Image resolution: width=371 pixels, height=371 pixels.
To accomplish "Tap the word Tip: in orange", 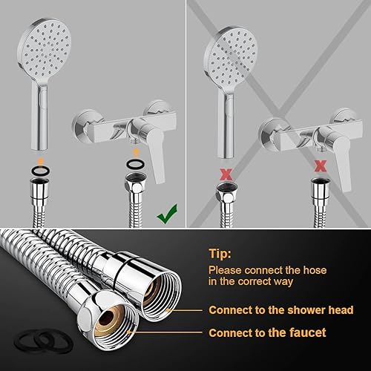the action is (x=220, y=254).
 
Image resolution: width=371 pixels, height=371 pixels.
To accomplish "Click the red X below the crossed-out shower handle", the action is (x=226, y=174).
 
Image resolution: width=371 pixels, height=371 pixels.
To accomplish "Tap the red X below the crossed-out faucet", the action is (x=321, y=166).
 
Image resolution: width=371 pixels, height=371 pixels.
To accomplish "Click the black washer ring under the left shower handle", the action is (x=41, y=171).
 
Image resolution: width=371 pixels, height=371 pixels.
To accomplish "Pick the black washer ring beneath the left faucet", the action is (x=135, y=164).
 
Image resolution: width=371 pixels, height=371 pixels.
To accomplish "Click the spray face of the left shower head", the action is (x=46, y=49).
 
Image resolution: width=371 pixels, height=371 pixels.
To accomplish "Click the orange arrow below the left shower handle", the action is (x=41, y=160).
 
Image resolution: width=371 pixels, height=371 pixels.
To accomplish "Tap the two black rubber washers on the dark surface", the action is (x=44, y=341).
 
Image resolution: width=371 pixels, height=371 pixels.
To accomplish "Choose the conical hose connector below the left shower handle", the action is (x=39, y=191).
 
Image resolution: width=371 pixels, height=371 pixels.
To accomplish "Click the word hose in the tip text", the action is (x=315, y=270).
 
